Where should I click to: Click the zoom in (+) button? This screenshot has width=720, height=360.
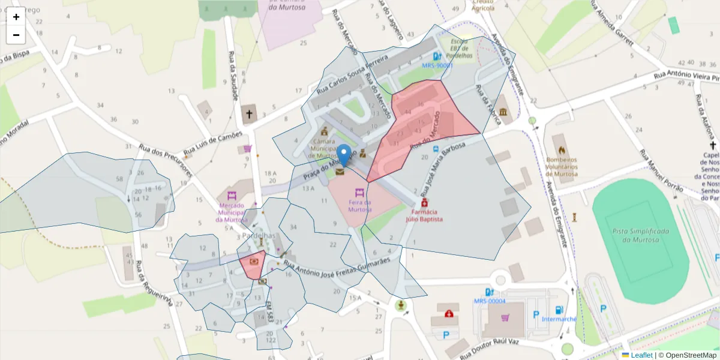(16, 17)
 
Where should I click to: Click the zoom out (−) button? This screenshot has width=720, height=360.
(16, 35)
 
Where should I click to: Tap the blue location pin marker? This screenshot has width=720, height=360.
(344, 155)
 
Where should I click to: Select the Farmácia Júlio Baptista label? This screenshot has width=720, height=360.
(427, 215)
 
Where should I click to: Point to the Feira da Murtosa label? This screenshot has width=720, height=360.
(360, 206)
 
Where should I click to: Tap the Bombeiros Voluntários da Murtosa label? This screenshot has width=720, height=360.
(562, 167)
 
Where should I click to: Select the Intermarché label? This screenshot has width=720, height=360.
(559, 319)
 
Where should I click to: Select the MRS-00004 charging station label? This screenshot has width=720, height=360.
(490, 301)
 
